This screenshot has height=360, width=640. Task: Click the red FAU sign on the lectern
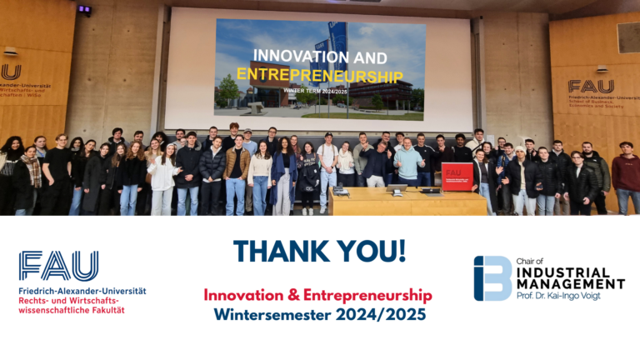pos(457,174)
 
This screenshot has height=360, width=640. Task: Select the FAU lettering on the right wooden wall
pos(591,86)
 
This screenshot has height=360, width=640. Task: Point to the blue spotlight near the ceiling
pos(84,10)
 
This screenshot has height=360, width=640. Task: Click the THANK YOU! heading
pos(319,251)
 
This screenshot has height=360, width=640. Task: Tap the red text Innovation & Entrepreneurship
pos(318,295)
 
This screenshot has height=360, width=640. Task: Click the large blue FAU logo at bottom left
pos(58,266)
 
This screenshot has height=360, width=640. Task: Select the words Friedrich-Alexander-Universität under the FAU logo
pos(82,291)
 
